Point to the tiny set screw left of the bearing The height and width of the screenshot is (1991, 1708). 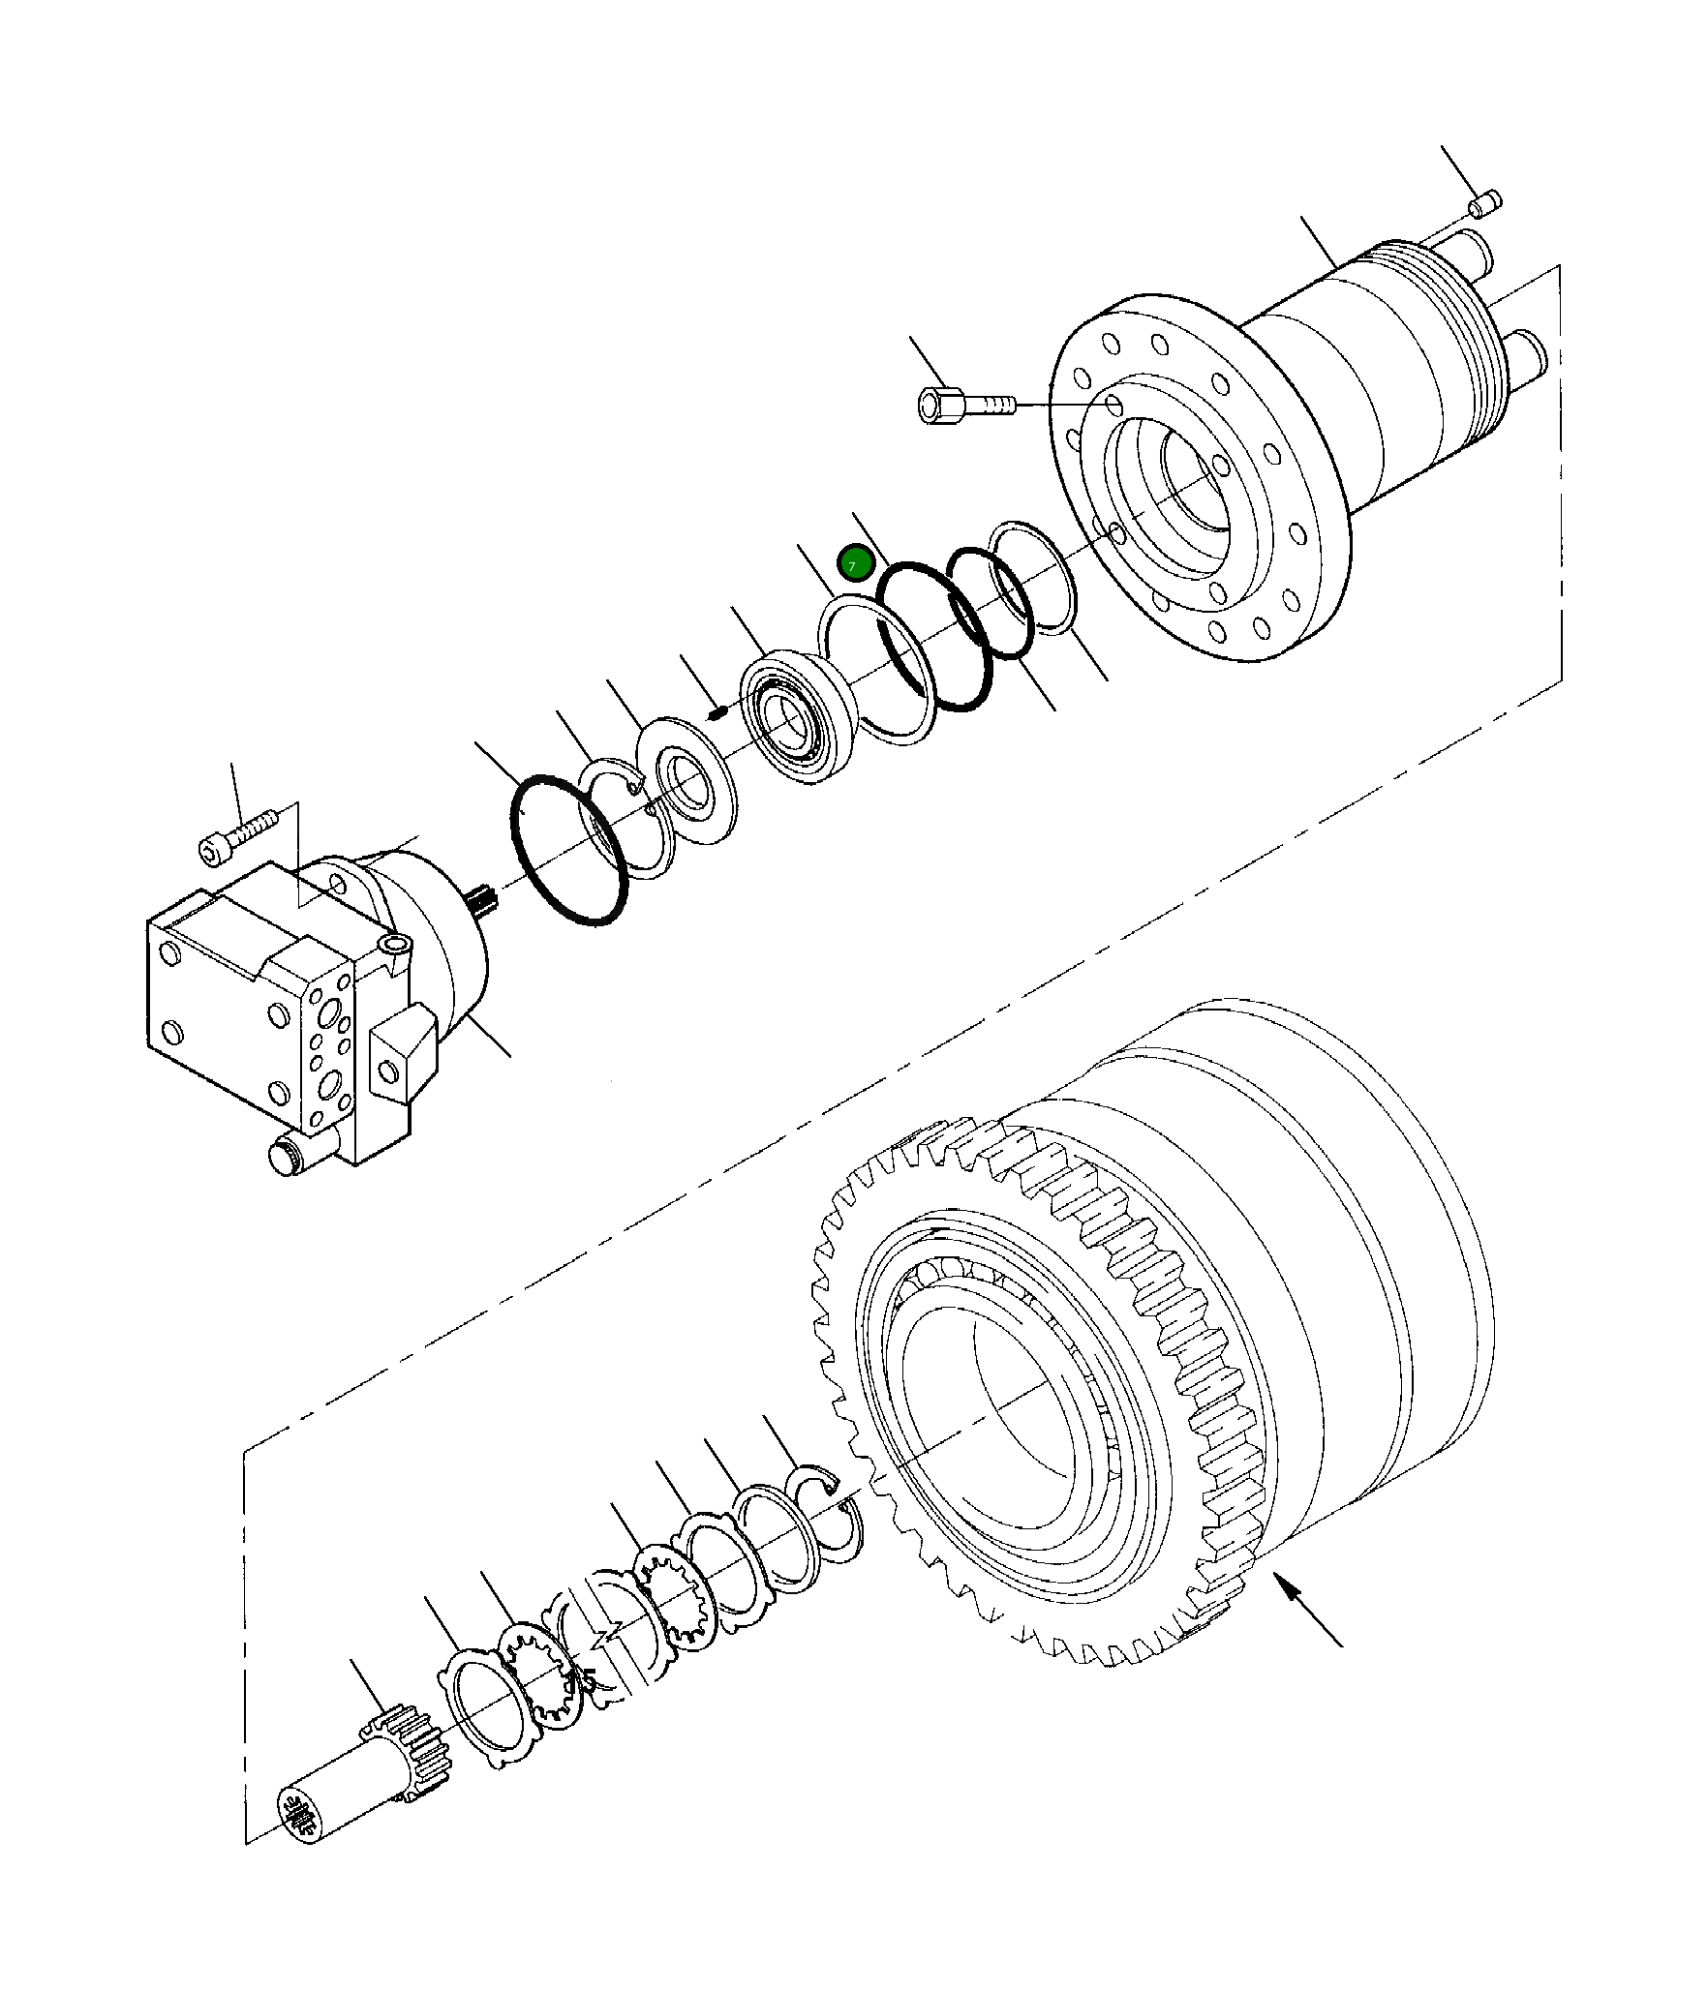(717, 713)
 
